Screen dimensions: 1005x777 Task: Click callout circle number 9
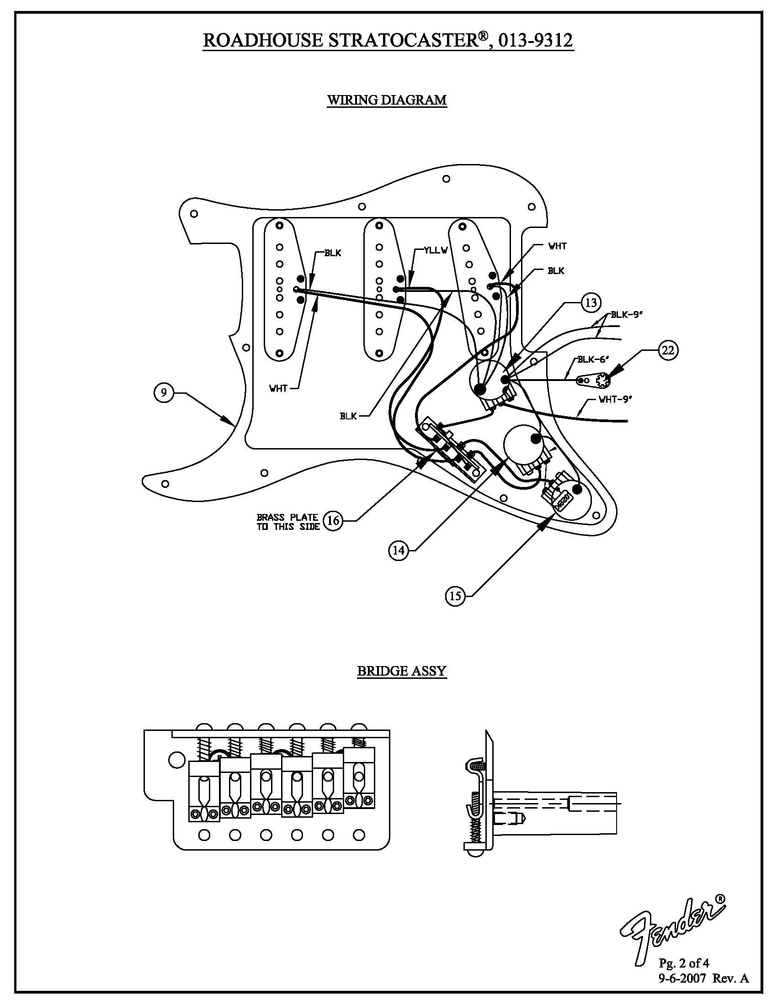pos(164,393)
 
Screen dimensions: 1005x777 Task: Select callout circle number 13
pos(591,302)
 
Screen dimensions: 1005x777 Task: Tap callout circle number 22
pos(667,350)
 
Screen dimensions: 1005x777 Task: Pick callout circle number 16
pos(333,520)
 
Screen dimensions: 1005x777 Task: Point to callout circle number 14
pos(399,550)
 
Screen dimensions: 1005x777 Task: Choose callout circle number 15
pos(455,596)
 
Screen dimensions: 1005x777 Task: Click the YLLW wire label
pos(436,250)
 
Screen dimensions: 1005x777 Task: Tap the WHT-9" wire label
pos(615,399)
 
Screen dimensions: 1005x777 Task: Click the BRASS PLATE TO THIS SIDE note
pos(288,522)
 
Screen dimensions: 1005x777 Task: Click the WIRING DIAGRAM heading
pos(387,100)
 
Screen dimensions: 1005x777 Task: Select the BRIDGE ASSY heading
pos(401,671)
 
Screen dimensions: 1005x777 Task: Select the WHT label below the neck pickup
pos(278,388)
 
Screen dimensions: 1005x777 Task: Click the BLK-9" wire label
pos(627,315)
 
